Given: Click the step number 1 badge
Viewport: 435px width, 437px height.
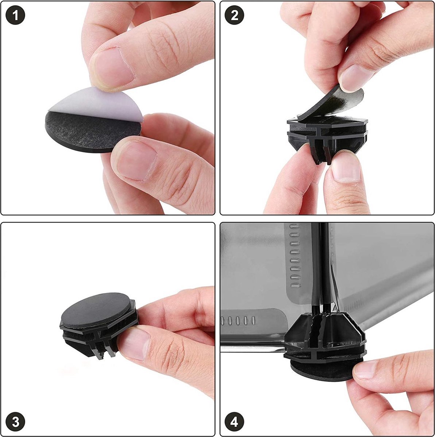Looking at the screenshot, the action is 15,15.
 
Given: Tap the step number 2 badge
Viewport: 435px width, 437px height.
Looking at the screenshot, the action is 234,15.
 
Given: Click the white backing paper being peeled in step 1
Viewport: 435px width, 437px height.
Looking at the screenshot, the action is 98,103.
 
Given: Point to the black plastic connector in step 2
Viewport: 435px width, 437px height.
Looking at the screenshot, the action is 327,136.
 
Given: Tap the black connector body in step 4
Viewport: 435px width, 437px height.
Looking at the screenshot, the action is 325,336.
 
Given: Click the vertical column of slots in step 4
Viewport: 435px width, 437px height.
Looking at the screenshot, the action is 294,256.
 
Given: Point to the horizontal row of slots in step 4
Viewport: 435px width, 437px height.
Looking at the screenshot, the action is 238,320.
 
